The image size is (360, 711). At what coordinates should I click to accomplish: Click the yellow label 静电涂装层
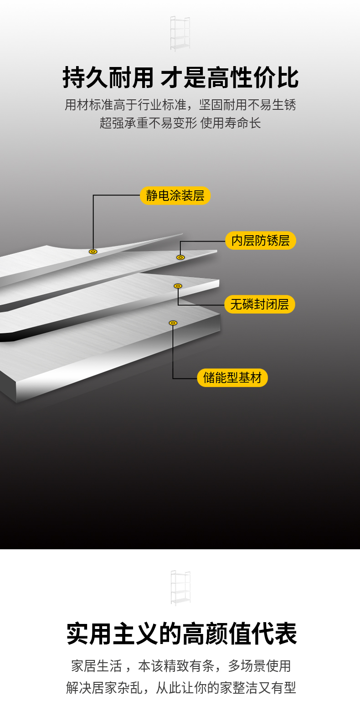click(175, 196)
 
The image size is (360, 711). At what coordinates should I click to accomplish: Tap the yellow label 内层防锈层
click(260, 241)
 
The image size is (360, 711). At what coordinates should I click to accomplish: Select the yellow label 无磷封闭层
click(259, 304)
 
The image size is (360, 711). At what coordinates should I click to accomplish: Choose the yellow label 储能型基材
click(232, 378)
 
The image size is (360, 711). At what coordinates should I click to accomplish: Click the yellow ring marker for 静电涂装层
click(93, 252)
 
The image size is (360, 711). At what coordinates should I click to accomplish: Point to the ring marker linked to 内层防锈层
click(180, 258)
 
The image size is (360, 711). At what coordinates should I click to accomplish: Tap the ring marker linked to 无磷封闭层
click(178, 286)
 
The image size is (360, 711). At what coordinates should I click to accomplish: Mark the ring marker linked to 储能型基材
click(173, 323)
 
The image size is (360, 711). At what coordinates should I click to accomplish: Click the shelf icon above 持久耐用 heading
click(180, 34)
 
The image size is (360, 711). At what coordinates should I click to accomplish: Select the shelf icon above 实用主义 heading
click(180, 588)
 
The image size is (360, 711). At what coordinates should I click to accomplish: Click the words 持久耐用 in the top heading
click(108, 77)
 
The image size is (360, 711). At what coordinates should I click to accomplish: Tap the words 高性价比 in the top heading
click(253, 77)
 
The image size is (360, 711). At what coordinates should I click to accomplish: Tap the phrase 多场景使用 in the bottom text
click(259, 666)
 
